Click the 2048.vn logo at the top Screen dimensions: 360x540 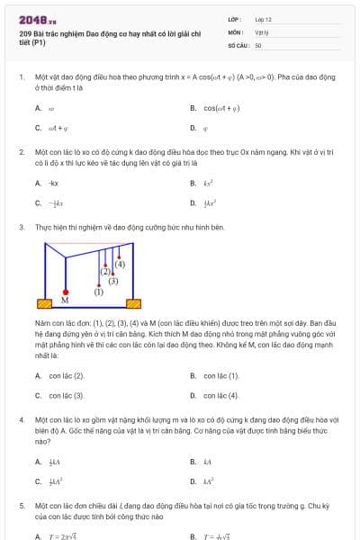coord(33,19)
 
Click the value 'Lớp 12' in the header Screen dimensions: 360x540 coord(263,18)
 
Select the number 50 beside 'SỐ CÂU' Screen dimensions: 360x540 coord(258,44)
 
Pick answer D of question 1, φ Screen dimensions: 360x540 coord(205,128)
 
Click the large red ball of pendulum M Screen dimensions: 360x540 coord(65,289)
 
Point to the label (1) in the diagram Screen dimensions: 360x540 coord(99,292)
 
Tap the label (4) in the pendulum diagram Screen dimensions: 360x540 coord(120,264)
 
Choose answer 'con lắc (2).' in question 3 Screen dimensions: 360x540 coord(67,375)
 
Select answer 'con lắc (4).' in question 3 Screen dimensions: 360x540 coord(221,395)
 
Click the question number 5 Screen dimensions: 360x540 coord(22,507)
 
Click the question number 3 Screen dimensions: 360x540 coord(22,228)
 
